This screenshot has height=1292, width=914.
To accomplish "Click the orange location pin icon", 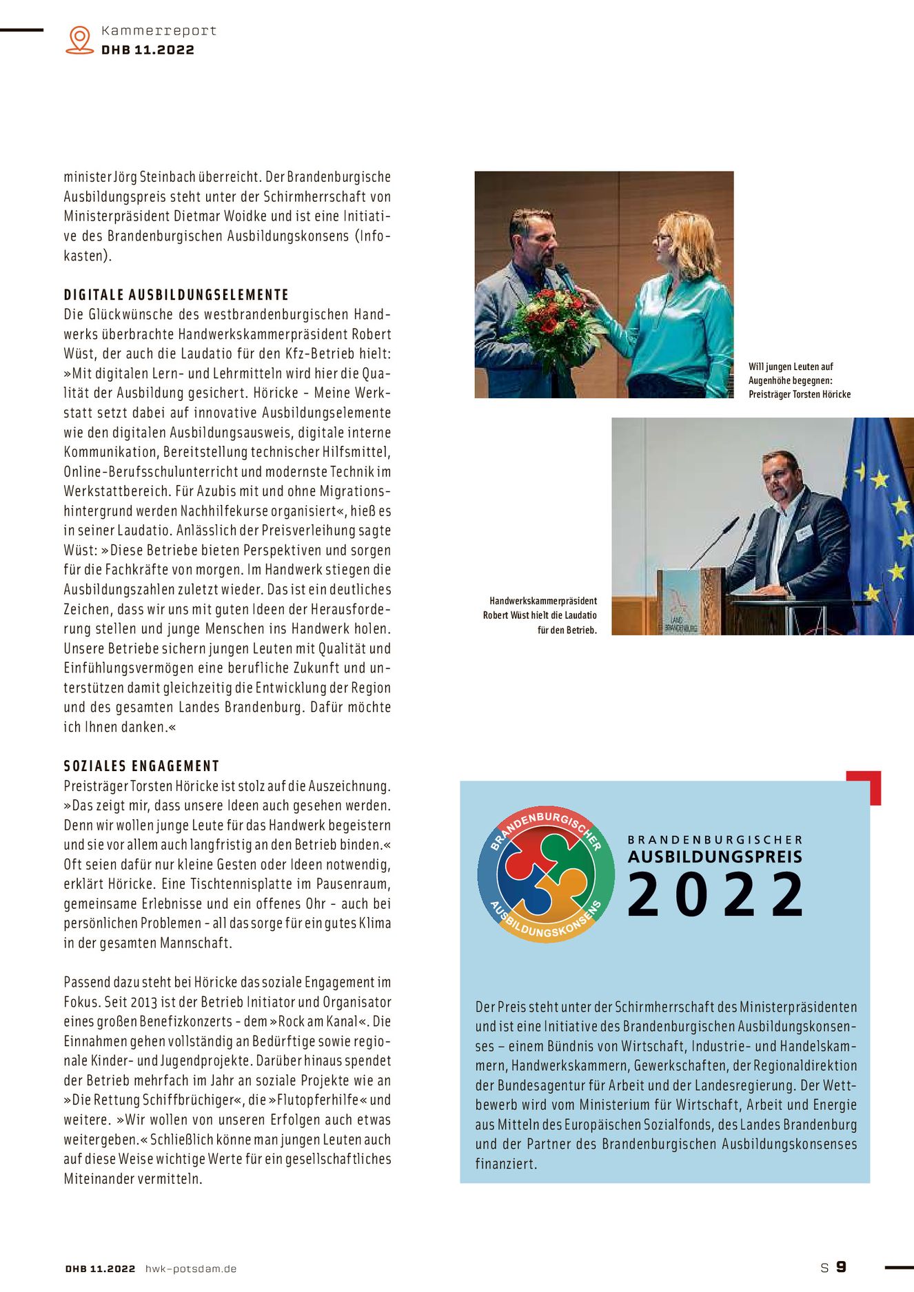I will [x=80, y=39].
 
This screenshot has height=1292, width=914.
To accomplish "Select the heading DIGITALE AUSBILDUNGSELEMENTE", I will [x=176, y=295].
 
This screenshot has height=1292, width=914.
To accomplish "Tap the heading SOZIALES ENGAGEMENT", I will [x=141, y=766].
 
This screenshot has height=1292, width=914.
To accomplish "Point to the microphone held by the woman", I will [x=566, y=276].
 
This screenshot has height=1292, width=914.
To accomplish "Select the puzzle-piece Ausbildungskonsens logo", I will [x=545, y=874].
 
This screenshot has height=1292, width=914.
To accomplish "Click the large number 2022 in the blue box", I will [x=715, y=895].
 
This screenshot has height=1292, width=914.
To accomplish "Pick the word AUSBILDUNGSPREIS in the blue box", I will [x=715, y=857].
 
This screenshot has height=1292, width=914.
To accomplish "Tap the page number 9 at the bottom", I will [x=841, y=1267].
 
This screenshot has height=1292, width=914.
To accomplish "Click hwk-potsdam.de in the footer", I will [x=191, y=1269].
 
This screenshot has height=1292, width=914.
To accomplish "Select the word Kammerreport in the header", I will [x=159, y=31].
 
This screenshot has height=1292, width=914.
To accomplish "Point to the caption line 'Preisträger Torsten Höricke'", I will [x=800, y=395].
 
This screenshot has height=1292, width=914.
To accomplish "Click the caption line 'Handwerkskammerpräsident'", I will [x=543, y=601].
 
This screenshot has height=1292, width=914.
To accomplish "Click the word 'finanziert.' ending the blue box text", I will [x=506, y=1164].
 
